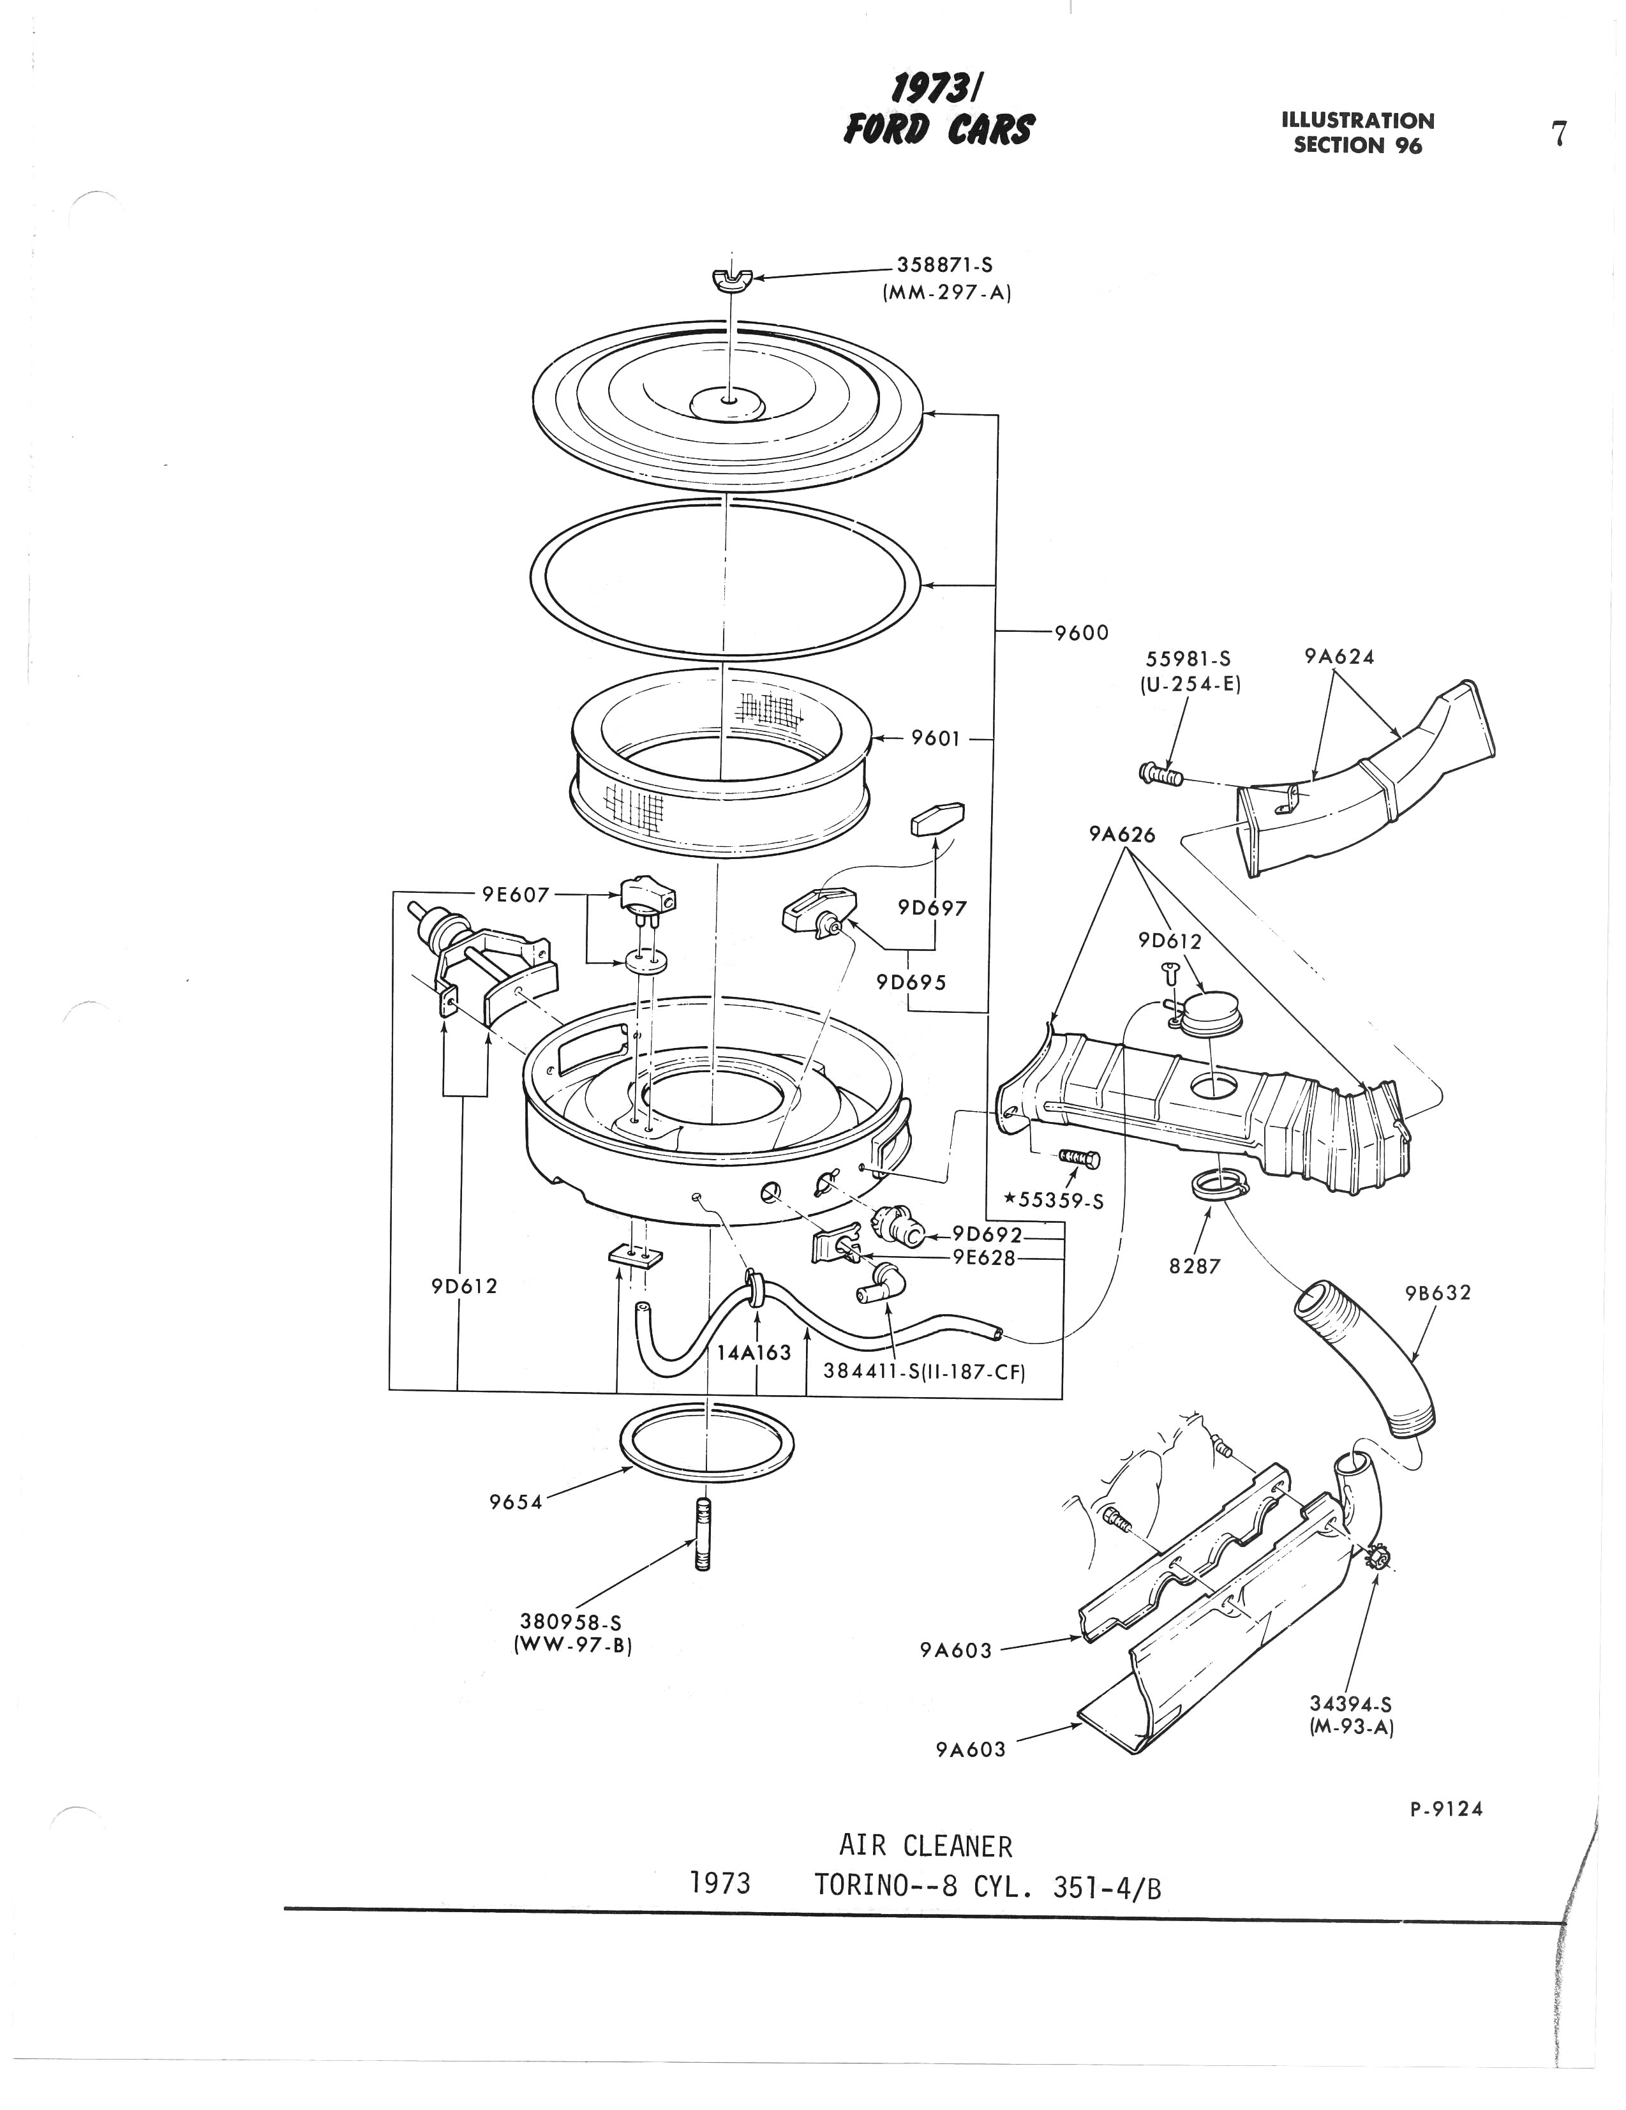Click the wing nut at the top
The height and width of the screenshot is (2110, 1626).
733,280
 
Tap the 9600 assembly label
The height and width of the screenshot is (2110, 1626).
1081,632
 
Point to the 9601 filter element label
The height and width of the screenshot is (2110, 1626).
936,738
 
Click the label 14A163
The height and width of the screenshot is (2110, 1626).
754,1352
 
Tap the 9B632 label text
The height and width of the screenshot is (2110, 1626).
1438,1292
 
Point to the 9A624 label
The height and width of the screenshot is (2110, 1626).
1339,657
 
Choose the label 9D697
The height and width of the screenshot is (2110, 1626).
931,908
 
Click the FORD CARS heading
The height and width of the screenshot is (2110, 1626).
938,128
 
